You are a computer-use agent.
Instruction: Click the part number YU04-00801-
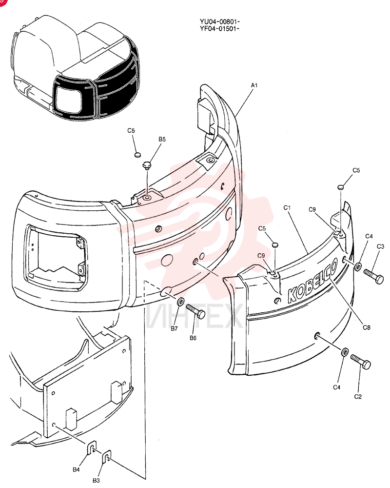pos(220,22)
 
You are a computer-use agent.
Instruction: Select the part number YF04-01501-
pos(220,29)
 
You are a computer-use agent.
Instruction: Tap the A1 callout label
pos(254,85)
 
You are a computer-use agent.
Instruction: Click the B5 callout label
pos(162,139)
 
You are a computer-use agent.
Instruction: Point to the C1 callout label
pos(287,207)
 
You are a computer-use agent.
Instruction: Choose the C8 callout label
pos(367,327)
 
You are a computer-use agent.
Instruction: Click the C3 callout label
pos(380,246)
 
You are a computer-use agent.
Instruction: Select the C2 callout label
pos(358,396)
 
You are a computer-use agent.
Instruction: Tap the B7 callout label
pos(174,328)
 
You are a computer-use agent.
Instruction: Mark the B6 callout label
pos(193,338)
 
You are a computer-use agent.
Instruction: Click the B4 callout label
pos(76,469)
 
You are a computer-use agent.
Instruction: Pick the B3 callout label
pos(96,480)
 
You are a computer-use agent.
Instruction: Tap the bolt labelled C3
pos(373,276)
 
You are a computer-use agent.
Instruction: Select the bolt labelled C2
pos(361,362)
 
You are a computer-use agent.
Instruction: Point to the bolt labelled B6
pos(196,311)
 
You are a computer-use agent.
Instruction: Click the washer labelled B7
pos(180,302)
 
